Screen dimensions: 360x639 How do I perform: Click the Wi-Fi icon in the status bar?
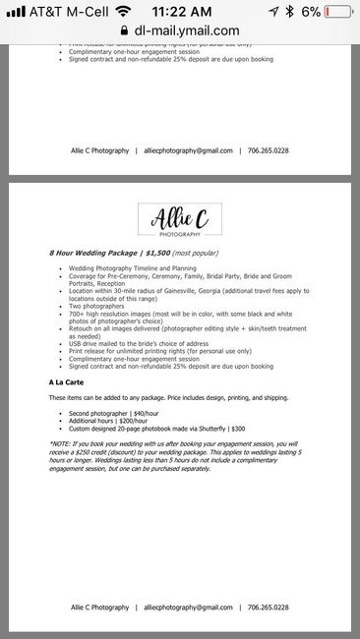click(122, 10)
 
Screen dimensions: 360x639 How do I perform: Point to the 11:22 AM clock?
click(180, 10)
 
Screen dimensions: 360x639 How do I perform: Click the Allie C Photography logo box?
click(181, 221)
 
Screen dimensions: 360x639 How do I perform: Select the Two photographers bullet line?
click(96, 307)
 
